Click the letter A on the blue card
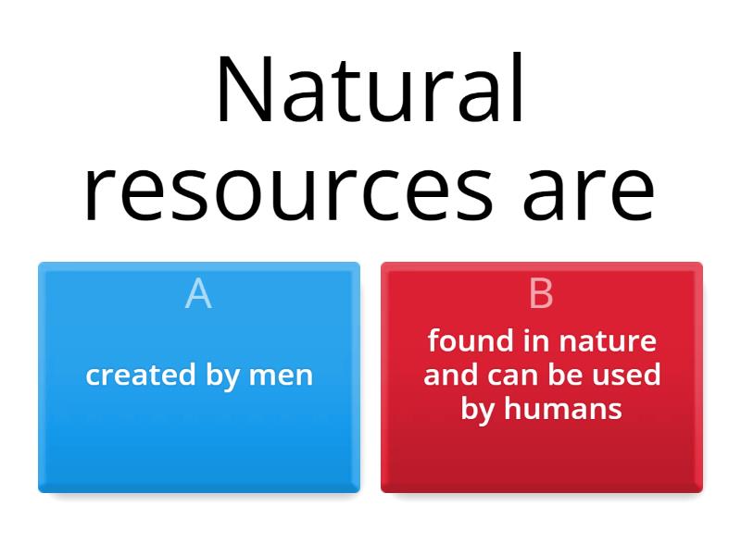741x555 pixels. (198, 294)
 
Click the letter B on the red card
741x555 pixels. (541, 294)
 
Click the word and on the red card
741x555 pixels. (451, 375)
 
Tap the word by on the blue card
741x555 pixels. (224, 375)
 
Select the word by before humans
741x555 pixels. (478, 409)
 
